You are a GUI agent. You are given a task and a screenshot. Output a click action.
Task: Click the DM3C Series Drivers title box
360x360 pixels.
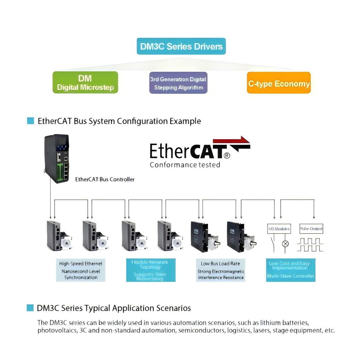[x=181, y=46]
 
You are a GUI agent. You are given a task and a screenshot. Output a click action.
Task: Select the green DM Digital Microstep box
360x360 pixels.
[x=85, y=82]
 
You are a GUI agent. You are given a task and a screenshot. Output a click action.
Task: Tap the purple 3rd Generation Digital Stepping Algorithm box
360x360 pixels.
[x=178, y=83]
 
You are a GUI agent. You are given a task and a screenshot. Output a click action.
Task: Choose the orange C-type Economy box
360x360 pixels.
[x=278, y=83]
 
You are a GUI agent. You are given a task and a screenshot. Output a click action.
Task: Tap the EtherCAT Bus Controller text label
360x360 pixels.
[x=105, y=179]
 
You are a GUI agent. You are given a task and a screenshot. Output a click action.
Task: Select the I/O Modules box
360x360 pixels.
[x=279, y=229]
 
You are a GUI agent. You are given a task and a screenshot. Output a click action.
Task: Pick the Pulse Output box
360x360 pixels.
[x=311, y=229]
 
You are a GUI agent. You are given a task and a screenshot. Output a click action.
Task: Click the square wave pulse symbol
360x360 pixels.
[x=310, y=245]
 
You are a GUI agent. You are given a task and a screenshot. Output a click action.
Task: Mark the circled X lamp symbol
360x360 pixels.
[x=285, y=244]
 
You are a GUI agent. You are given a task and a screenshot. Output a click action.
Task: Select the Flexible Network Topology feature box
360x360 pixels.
[x=149, y=270]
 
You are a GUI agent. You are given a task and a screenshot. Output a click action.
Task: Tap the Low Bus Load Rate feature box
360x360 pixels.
[x=220, y=270]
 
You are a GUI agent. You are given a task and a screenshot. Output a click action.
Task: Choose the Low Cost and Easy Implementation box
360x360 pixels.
[x=291, y=270]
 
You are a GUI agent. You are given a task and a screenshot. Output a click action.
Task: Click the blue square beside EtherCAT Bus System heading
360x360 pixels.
[x=31, y=121]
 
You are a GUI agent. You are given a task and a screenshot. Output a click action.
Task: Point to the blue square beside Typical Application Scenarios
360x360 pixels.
[x=30, y=308]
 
